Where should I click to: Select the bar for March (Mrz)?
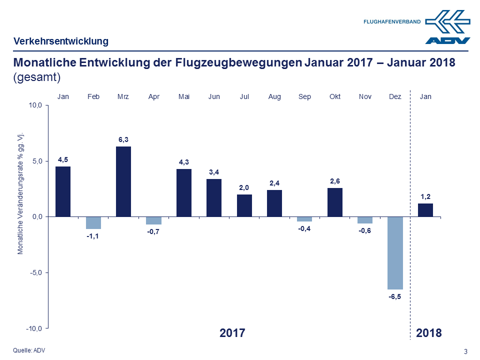coord(123,181)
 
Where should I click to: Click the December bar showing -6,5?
coord(395,252)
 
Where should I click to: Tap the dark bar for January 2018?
coord(425,210)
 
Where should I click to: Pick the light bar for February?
coord(93,222)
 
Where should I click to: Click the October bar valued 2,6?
coord(335,202)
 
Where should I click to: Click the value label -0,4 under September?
coord(304,229)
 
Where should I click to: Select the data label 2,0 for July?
coord(244,187)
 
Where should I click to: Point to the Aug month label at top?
coord(274,96)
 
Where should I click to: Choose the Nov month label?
coord(365,96)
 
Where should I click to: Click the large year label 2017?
coord(232,333)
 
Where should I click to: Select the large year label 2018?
coord(429,333)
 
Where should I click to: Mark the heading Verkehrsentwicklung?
coord(61,41)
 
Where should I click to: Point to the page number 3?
coord(466,351)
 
